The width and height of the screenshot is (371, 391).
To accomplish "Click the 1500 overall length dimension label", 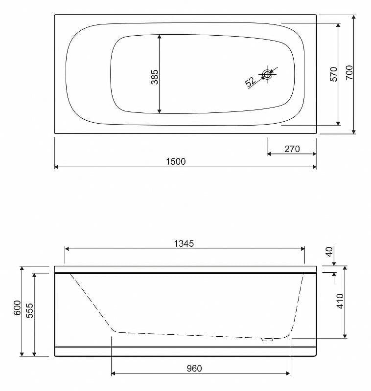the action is [x=176, y=162].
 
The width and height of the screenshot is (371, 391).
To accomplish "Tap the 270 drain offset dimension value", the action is [x=292, y=149].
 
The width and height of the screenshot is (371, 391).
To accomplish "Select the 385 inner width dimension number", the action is [x=155, y=77].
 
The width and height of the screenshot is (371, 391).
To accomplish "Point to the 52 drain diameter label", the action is [x=250, y=82].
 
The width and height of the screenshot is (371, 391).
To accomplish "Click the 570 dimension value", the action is [x=333, y=74].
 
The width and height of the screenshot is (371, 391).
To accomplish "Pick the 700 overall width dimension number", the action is [x=349, y=72].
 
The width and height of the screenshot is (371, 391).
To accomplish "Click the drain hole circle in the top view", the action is [x=267, y=74].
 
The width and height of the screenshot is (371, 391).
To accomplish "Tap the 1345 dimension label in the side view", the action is [x=184, y=243].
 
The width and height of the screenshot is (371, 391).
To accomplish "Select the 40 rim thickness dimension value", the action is [x=329, y=252].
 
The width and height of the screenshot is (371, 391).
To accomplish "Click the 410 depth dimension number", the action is [x=340, y=301].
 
